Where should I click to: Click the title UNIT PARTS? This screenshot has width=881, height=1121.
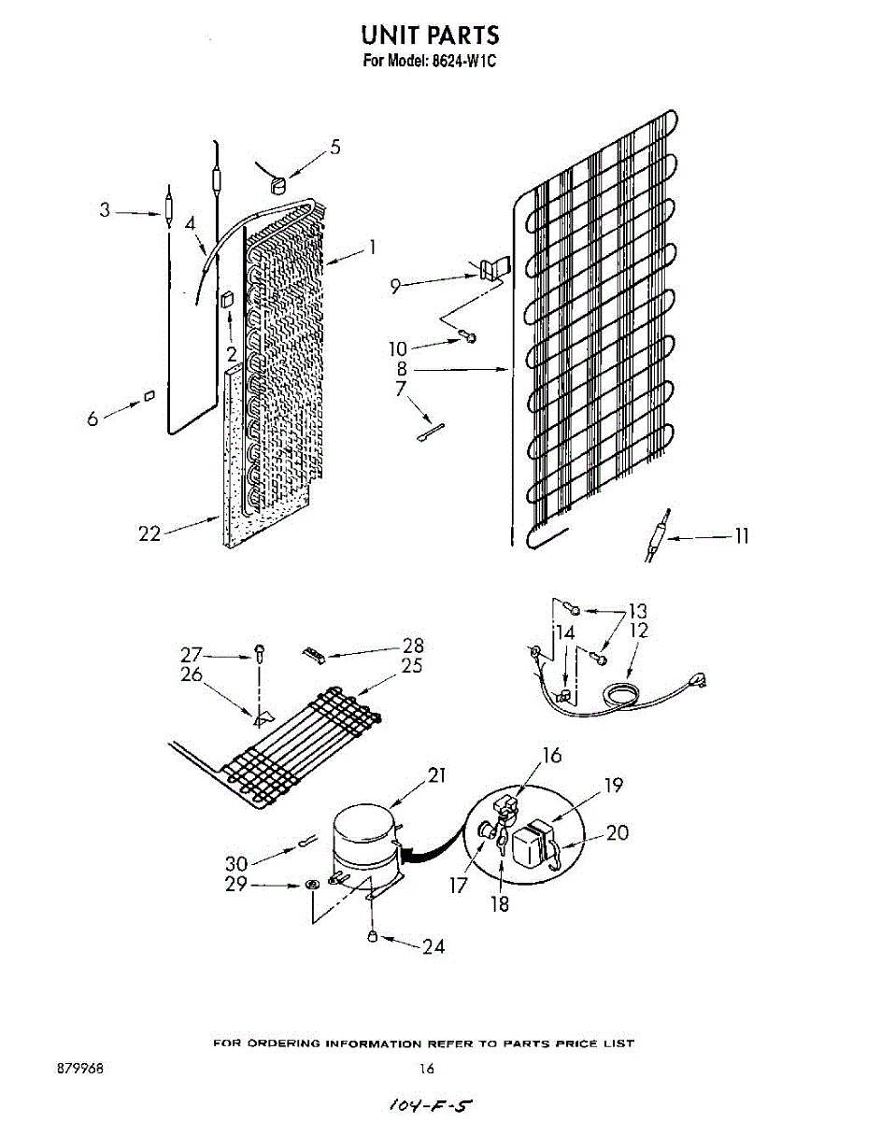[431, 35]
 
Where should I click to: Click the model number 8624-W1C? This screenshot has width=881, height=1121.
[458, 64]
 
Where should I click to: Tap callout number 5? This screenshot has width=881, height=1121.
[334, 147]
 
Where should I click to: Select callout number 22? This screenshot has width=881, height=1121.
[149, 533]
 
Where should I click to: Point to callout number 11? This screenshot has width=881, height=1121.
[741, 536]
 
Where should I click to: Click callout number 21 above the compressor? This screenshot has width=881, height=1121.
[436, 774]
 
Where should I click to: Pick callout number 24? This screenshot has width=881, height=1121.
[433, 946]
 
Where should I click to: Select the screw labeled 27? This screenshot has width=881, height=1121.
[259, 653]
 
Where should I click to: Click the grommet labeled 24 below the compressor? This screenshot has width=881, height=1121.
[372, 935]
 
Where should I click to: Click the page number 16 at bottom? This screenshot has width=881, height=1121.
[427, 1069]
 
